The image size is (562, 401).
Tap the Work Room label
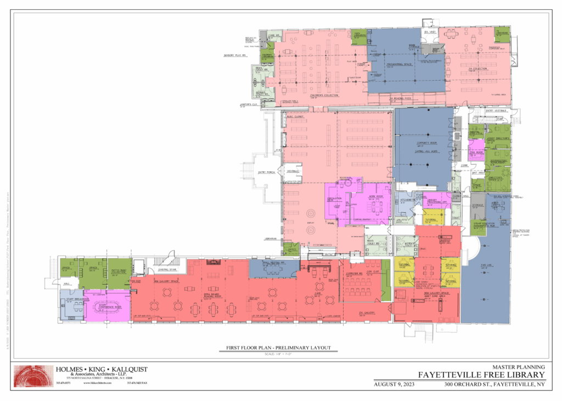pos(375,196)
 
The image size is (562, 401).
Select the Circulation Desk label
pos(334,198)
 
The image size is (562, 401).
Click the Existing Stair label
pos(166,269)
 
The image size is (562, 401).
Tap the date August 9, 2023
pos(394,384)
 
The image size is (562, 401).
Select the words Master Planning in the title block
pos(518,367)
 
